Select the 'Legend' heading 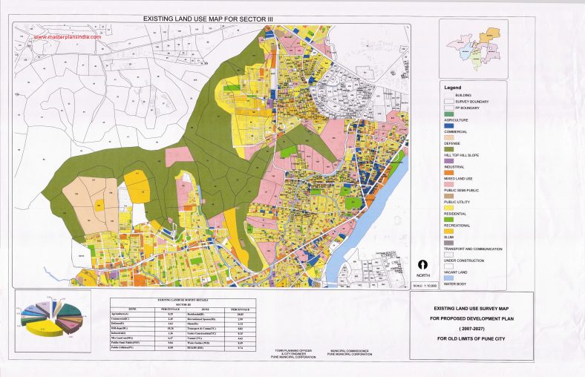click(454, 88)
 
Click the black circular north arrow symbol click(422, 263)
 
